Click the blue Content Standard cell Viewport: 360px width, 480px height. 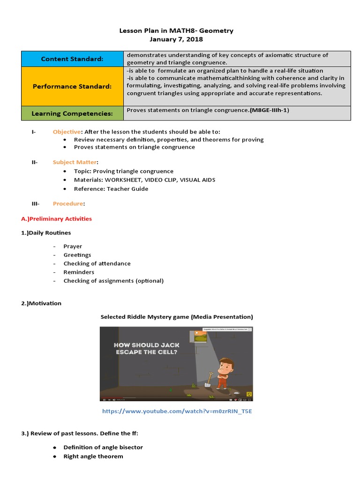pos(72,59)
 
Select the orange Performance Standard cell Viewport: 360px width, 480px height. pos(72,86)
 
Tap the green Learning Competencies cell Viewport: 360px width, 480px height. pos(72,113)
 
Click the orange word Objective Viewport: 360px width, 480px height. pos(67,132)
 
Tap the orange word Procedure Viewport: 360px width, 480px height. pos(68,203)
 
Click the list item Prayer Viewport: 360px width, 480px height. pos(73,246)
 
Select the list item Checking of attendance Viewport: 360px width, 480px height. pos(97,263)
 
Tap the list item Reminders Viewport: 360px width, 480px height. pos(79,272)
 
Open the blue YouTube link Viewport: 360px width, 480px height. pos(173,411)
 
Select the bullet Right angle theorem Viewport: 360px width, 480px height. pos(93,456)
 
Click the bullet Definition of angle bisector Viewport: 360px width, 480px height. pos(103,447)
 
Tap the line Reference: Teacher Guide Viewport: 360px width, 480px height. pos(111,188)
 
